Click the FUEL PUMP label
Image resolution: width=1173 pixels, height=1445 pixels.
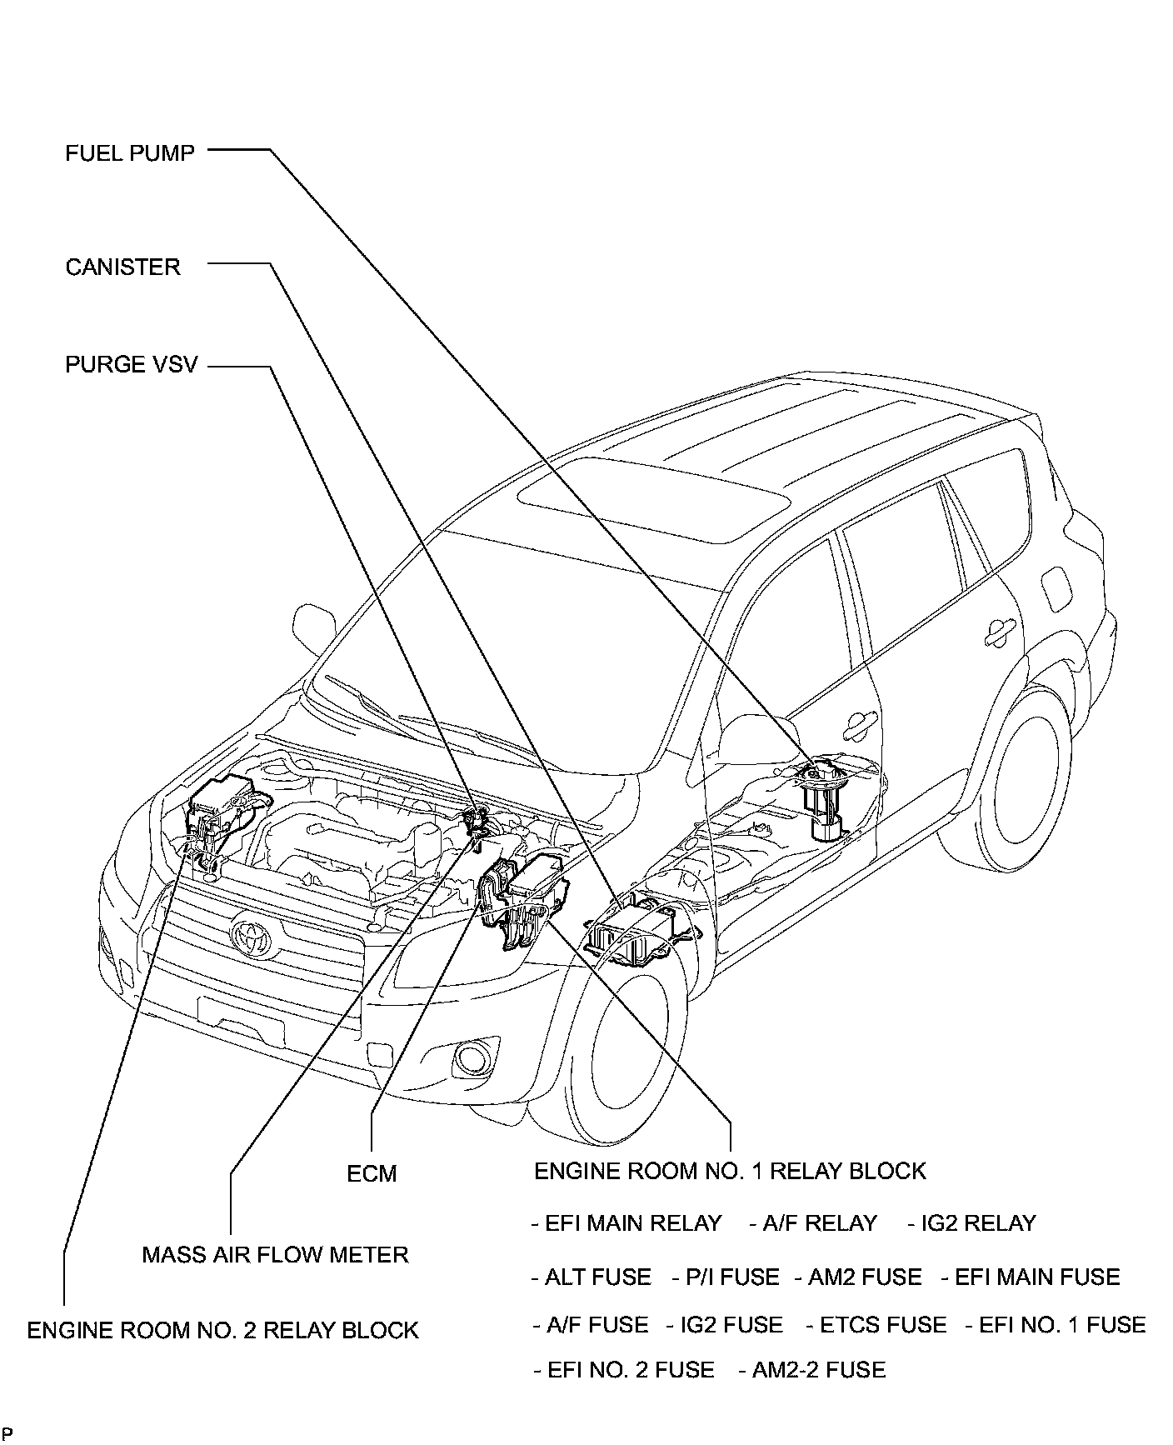click(x=129, y=153)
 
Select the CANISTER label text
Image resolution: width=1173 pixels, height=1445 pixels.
click(x=122, y=267)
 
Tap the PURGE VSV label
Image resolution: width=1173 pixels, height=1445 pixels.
click(x=131, y=365)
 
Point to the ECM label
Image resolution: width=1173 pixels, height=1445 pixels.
click(x=372, y=1173)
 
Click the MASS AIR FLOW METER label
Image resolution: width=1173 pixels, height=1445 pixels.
click(x=275, y=1255)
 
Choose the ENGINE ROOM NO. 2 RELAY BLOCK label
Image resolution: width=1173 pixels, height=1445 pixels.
click(x=222, y=1330)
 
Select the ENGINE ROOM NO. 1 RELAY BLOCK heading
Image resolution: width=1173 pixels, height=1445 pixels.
click(x=730, y=1171)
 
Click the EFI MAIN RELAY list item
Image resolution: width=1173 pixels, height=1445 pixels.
click(x=626, y=1223)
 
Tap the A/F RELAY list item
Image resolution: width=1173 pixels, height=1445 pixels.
click(x=813, y=1223)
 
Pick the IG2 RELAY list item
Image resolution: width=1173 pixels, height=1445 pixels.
click(x=972, y=1223)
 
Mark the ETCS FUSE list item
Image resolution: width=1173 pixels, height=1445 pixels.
click(x=876, y=1325)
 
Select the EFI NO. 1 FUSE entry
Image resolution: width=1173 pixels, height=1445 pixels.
click(x=1056, y=1325)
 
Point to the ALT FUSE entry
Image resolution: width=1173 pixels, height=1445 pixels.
click(x=591, y=1277)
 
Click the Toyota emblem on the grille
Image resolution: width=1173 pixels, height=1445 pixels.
click(x=248, y=936)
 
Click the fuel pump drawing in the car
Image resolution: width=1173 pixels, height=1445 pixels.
click(x=822, y=800)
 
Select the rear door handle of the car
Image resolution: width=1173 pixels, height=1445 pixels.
click(x=1001, y=633)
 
